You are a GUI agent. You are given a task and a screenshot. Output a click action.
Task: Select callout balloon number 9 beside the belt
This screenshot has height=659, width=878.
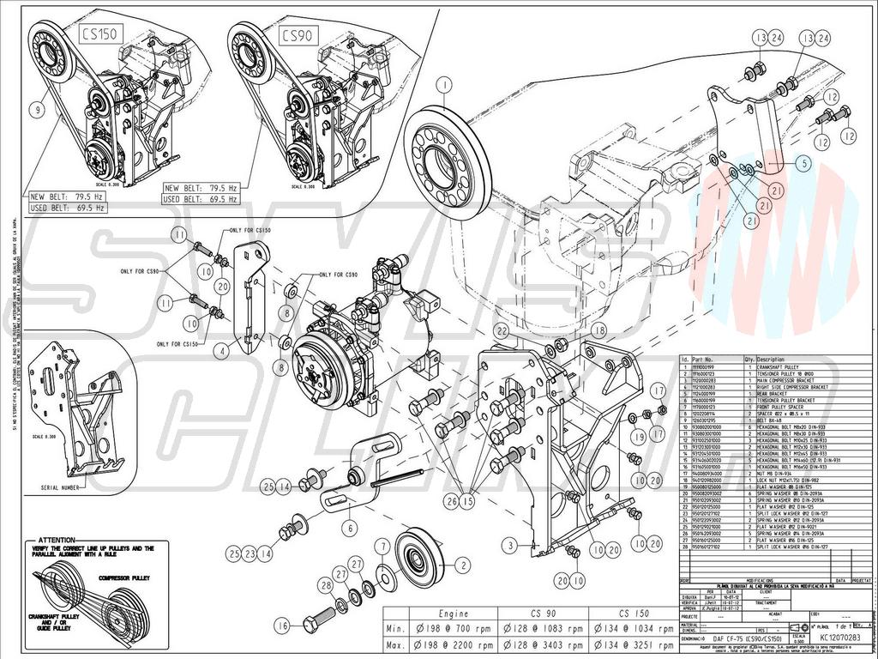(x=38, y=110)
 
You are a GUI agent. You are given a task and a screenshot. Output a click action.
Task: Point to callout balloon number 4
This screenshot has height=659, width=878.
(x=221, y=350)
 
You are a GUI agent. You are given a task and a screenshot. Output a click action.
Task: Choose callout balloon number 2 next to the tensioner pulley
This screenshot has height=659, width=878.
(x=464, y=565)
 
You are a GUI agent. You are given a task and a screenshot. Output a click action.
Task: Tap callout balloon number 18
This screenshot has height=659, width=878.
(x=598, y=330)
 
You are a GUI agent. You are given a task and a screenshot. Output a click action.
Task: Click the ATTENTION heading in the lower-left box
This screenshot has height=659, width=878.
(x=57, y=540)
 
